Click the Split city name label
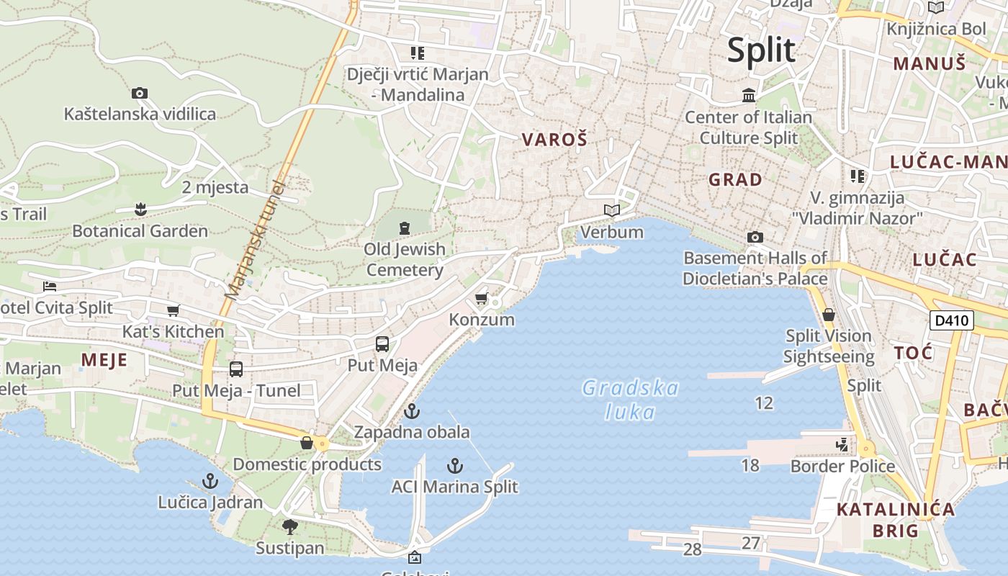coord(761,50)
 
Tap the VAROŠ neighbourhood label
coord(554,140)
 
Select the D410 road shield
coord(951,320)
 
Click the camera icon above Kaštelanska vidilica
coord(140,93)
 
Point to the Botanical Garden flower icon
coord(140,210)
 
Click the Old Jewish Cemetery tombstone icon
coord(404,228)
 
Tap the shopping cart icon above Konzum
coord(482,298)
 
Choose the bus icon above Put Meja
coord(382,344)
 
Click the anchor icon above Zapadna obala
coord(411,411)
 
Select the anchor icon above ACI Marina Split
coord(454,466)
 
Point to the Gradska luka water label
coord(630,400)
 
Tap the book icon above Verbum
coord(612,210)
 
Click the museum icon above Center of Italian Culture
coord(749,95)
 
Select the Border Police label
coord(842,466)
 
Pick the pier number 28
coord(692,549)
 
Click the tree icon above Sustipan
coord(290,527)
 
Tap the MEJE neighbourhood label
coord(104,360)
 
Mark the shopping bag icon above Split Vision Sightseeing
coord(829,315)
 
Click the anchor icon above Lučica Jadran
coord(210,480)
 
